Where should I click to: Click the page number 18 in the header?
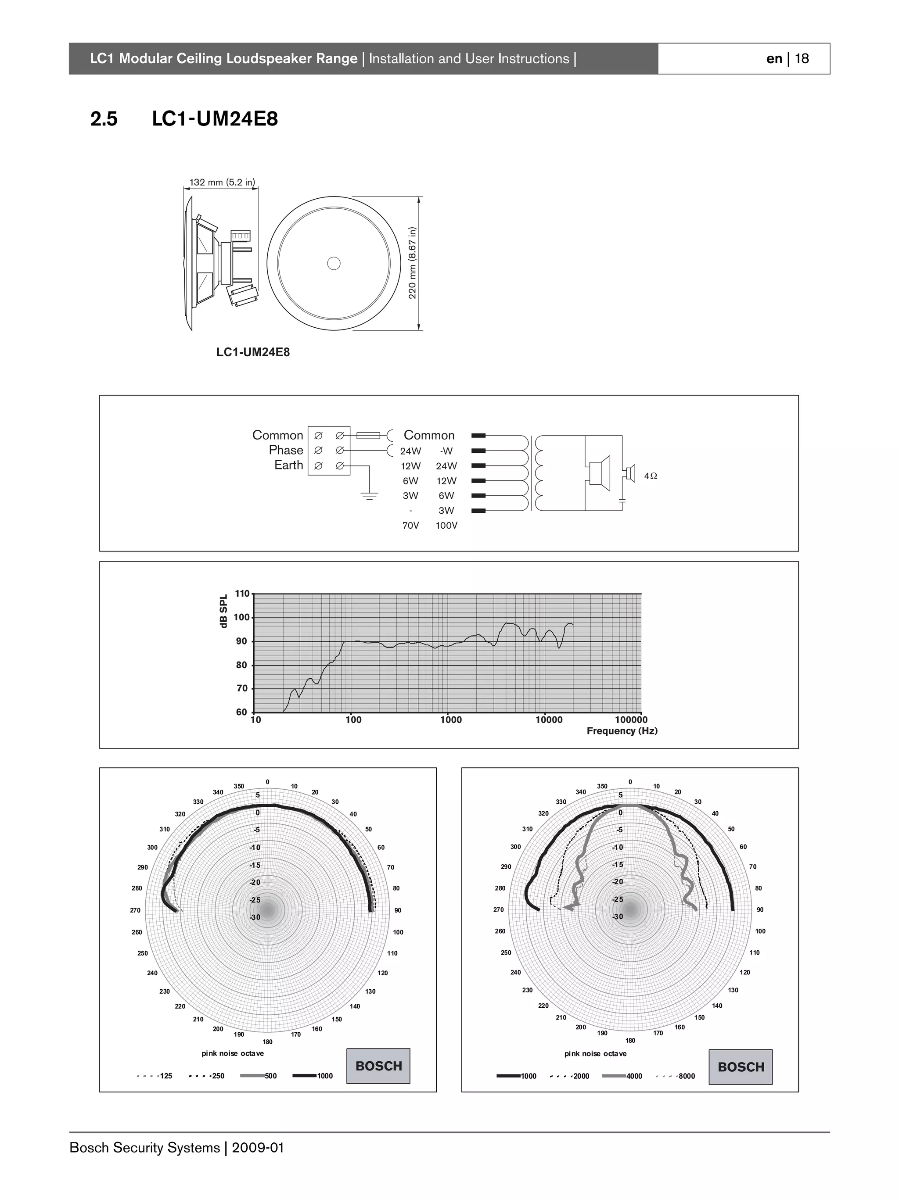[x=802, y=58]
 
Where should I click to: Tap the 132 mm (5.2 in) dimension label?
[x=222, y=182]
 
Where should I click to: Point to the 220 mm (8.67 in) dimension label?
[x=413, y=263]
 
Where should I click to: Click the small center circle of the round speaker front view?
[x=334, y=263]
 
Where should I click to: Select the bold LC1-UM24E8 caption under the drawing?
[x=253, y=352]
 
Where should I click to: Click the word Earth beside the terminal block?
[x=288, y=465]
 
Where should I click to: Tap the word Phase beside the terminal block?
[x=286, y=451]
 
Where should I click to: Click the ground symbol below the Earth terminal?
[x=369, y=495]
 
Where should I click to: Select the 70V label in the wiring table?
[x=410, y=526]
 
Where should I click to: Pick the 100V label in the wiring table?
[x=446, y=526]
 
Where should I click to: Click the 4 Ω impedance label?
[x=651, y=476]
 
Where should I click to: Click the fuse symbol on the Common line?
[x=369, y=435]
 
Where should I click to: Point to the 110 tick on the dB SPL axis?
[x=242, y=594]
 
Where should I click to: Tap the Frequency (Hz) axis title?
[x=622, y=730]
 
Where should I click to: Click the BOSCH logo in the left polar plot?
[x=378, y=1066]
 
